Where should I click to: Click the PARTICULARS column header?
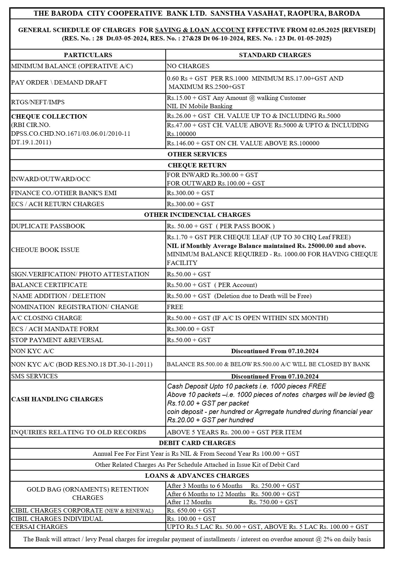[88, 55]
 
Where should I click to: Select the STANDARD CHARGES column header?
[275, 55]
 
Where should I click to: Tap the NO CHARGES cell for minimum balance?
[188, 66]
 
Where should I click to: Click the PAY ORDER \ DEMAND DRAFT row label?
[59, 83]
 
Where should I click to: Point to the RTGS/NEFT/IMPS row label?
[38, 102]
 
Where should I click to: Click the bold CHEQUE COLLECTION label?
[49, 117]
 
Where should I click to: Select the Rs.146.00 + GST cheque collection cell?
[243, 143]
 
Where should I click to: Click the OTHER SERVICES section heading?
[197, 154]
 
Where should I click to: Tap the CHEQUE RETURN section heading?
[197, 165]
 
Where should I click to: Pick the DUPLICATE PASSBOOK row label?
[48, 226]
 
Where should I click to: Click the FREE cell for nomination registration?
[175, 307]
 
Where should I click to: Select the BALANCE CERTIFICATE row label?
[49, 285]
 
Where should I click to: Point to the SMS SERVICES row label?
[34, 376]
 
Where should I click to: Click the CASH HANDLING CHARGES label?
[57, 399]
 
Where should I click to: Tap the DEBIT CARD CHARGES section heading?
[197, 443]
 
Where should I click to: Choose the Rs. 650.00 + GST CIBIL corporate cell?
[191, 511]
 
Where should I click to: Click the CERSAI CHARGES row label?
[39, 527]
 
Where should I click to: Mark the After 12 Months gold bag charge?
[232, 502]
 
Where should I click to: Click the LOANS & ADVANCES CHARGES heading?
[197, 476]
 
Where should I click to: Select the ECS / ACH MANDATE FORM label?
[55, 329]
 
